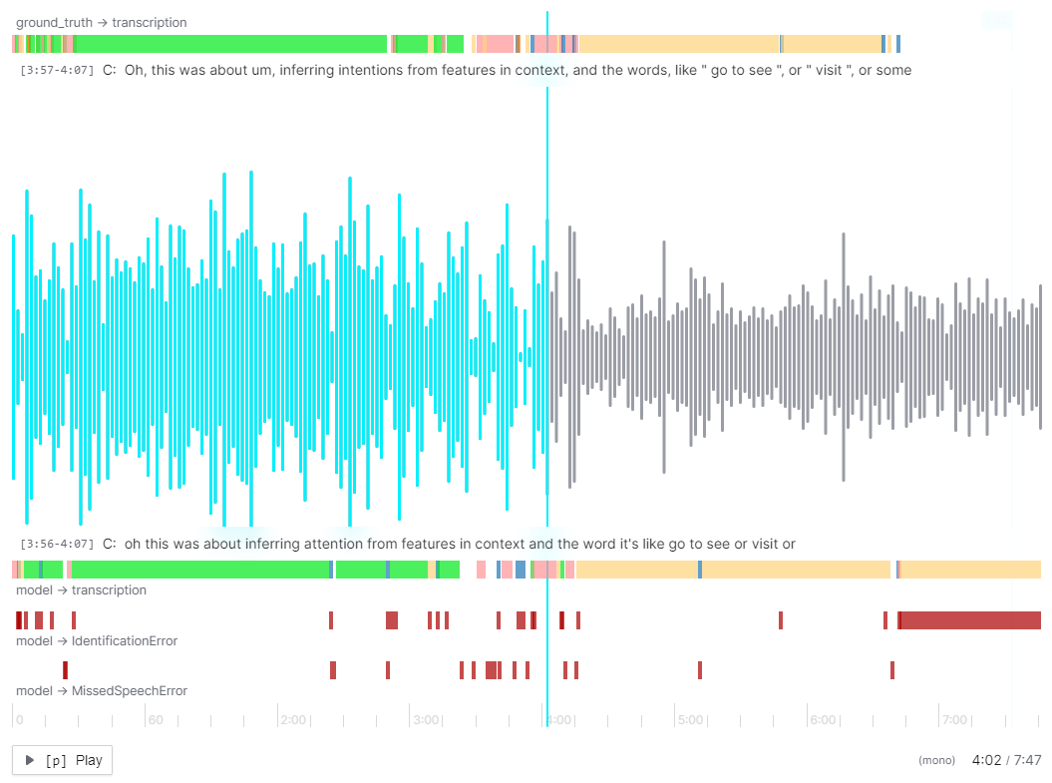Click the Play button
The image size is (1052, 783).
[x=62, y=760]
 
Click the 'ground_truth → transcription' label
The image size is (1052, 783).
[x=101, y=22]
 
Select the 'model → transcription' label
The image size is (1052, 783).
[x=81, y=590]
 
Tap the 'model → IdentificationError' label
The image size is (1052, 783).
[x=97, y=641]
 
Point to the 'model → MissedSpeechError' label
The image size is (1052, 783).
[x=102, y=691]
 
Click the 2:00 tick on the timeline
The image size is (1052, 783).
[x=293, y=719]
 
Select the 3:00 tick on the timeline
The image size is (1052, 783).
[x=426, y=719]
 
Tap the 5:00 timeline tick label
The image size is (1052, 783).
[x=690, y=719]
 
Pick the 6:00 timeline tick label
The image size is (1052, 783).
[x=823, y=719]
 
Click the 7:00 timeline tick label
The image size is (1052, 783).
[x=954, y=719]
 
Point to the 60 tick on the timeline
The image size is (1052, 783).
[x=155, y=719]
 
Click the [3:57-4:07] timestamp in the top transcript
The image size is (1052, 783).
[x=57, y=71]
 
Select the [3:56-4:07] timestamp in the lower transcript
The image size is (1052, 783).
[x=57, y=545]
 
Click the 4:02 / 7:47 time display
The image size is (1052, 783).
[x=1006, y=760]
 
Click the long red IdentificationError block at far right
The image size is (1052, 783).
[x=969, y=620]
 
